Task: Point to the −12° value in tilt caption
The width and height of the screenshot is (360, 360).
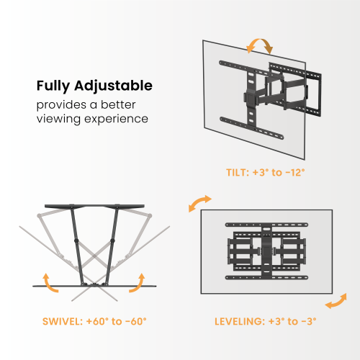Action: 294,173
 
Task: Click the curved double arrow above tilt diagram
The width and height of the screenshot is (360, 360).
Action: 260,46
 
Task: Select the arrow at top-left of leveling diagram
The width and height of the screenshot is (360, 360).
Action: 199,202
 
